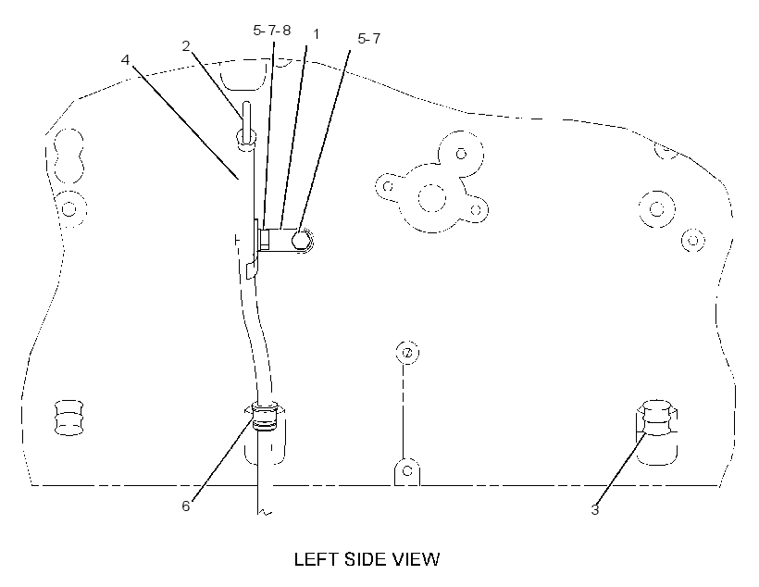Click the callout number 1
[316, 34]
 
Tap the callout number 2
[186, 46]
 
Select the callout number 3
[595, 509]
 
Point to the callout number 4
[126, 59]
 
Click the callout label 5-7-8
[272, 30]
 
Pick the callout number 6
[186, 506]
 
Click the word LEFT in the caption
[316, 559]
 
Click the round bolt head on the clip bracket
[301, 240]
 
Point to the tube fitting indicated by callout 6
[265, 416]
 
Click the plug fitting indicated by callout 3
[657, 418]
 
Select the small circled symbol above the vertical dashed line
[407, 352]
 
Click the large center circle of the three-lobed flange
[431, 198]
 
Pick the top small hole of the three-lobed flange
[461, 154]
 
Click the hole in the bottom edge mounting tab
[407, 470]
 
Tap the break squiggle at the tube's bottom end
[266, 512]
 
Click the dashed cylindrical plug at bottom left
[69, 418]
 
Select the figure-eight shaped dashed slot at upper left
[68, 156]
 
